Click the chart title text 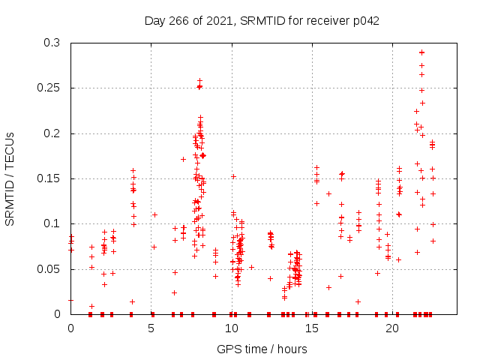coord(262,21)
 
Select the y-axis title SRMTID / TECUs coord(10,178)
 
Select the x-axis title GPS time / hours coord(262,349)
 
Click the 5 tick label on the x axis coord(151,328)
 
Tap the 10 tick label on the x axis coord(232,328)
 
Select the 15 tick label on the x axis coord(312,328)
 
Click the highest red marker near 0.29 coord(421,52)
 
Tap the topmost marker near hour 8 coord(199,80)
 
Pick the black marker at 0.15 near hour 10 coord(233,176)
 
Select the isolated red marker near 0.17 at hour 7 coord(183,159)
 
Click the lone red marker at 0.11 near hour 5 coord(154,214)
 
